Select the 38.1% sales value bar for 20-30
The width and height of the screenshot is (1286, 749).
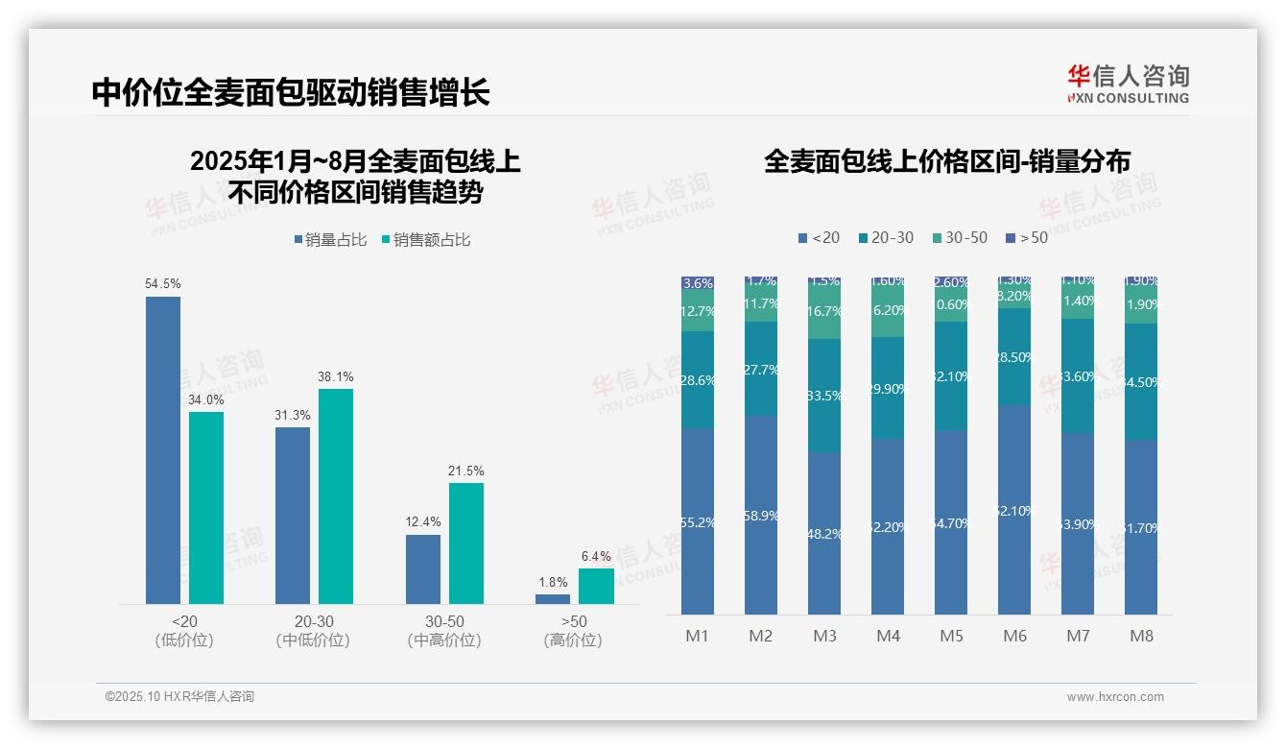(336, 495)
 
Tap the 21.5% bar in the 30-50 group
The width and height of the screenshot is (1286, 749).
(466, 543)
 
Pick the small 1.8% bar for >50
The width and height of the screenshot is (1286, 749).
(553, 599)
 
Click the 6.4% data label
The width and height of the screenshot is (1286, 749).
(596, 557)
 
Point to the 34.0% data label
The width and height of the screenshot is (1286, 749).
(206, 400)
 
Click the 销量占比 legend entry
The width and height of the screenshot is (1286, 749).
(330, 240)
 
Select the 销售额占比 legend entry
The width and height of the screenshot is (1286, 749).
(426, 240)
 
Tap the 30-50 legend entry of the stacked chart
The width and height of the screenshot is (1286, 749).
(960, 238)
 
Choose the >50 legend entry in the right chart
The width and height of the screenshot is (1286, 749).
(1027, 238)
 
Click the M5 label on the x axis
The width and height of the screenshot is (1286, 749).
(951, 637)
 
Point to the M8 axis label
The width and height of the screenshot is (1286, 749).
(1141, 637)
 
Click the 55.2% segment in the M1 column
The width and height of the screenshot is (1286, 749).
(698, 521)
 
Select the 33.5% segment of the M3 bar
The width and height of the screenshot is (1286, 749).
(824, 396)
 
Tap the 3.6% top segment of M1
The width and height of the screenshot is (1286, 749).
(698, 283)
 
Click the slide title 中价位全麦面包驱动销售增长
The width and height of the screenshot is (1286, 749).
(291, 93)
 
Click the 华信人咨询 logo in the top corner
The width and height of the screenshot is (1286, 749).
(1128, 85)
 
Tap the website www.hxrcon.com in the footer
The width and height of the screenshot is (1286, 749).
(1115, 697)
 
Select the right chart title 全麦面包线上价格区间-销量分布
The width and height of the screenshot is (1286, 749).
(947, 161)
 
